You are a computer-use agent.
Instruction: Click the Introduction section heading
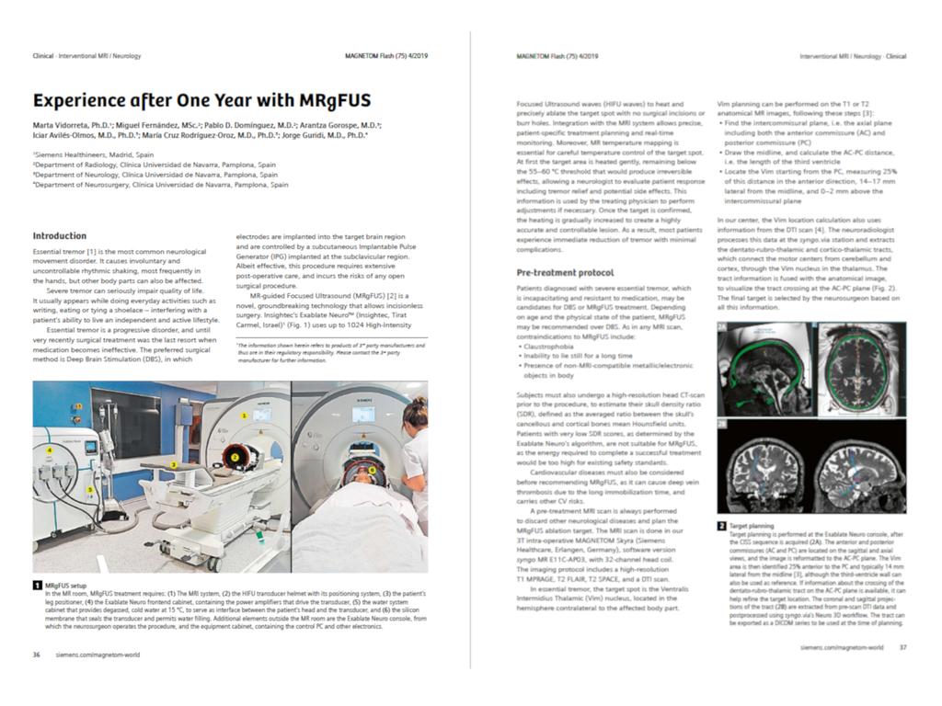pos(60,236)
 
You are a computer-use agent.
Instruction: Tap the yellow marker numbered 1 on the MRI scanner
pos(244,416)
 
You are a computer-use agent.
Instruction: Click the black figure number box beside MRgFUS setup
pos(37,585)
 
